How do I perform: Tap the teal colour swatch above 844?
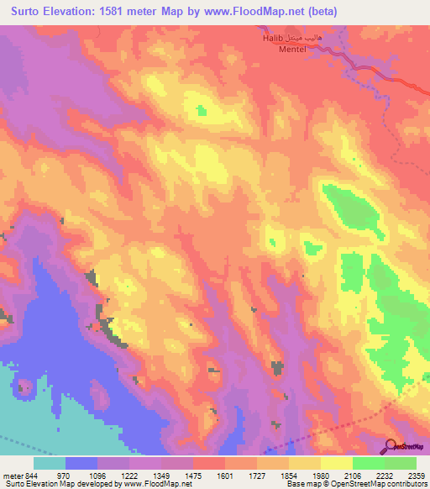click(50, 463)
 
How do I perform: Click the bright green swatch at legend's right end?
click(401, 463)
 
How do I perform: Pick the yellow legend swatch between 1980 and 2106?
click(337, 463)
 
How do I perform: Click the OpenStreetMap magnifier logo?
click(391, 446)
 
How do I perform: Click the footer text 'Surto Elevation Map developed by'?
click(55, 485)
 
